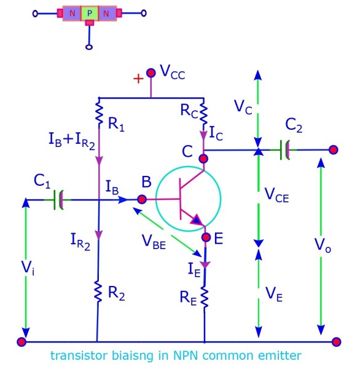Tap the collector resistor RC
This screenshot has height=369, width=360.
pyautogui.click(x=203, y=113)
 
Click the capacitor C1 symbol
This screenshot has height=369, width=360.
pyautogui.click(x=60, y=199)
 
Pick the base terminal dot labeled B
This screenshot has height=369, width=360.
pyautogui.click(x=142, y=199)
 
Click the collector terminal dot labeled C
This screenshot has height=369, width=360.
pyautogui.click(x=203, y=158)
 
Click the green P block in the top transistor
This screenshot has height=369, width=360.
pyautogui.click(x=89, y=12)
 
